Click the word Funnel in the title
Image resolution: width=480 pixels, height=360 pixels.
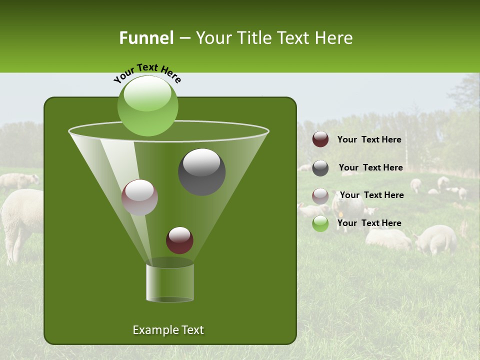146,38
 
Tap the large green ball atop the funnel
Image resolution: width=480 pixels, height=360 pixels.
147,105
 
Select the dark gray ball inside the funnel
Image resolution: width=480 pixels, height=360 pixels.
201,171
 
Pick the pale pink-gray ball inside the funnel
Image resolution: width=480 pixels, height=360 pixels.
139,197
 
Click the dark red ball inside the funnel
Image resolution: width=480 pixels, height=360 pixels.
179,240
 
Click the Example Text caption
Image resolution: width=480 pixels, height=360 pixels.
168,330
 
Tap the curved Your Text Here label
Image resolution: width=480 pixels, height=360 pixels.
147,73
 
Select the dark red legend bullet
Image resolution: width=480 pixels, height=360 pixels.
320,139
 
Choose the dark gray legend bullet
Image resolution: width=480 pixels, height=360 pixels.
320,168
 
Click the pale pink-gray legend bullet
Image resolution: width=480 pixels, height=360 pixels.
320,196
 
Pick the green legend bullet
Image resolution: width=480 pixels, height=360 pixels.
320,223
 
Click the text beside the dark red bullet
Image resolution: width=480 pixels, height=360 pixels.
369,140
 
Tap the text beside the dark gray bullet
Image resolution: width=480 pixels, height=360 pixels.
370,168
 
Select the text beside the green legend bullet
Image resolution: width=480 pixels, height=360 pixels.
369,223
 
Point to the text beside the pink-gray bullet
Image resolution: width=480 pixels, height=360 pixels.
371,195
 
